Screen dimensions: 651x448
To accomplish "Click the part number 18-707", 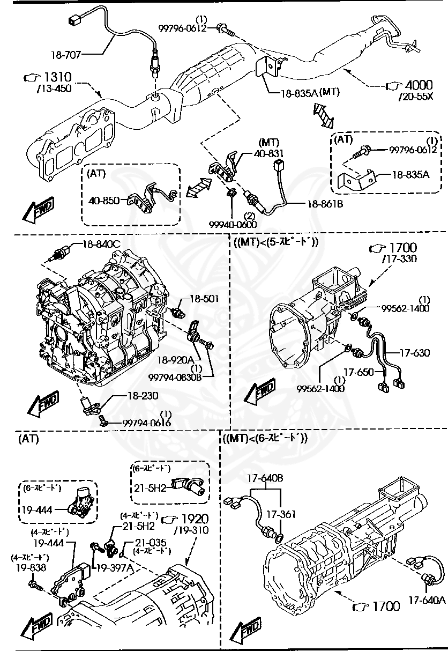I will [68, 54].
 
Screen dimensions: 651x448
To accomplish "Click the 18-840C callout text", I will [101, 245].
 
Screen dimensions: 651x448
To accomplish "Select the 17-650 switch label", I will [357, 371].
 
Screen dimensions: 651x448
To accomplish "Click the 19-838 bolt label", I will [31, 567].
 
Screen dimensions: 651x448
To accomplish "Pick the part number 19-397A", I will [114, 567].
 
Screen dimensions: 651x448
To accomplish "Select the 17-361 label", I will [281, 514].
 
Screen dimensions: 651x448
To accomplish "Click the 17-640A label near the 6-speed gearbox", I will [427, 600].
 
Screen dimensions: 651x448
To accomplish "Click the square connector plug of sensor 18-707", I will [74, 20].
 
